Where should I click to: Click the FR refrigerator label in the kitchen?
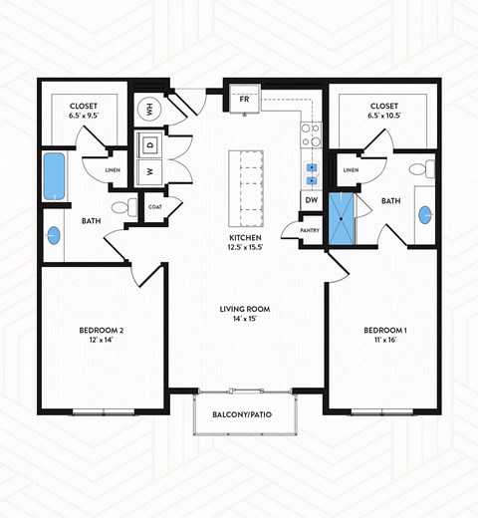click(242, 100)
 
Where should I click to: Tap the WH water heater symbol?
click(150, 110)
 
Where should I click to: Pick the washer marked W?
click(150, 171)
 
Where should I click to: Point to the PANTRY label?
click(296, 231)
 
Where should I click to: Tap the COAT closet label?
click(155, 207)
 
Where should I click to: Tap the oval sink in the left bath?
click(54, 236)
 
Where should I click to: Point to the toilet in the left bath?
click(122, 207)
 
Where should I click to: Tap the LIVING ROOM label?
click(245, 309)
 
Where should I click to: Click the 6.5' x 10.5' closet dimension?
click(383, 117)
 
